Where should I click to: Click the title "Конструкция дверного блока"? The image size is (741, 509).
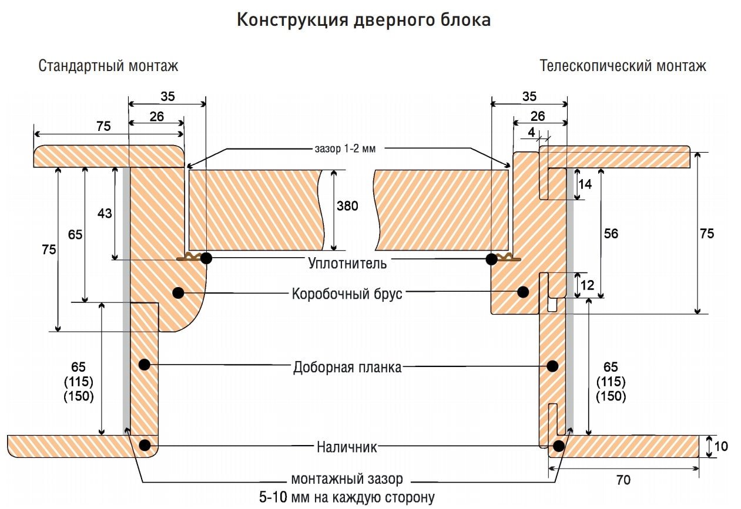[x=364, y=20]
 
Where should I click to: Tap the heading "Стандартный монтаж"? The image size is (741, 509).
[x=108, y=66]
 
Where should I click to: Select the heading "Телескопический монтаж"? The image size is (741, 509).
[x=623, y=66]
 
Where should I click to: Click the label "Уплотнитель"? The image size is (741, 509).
[x=347, y=264]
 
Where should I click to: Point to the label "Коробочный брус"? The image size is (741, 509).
[x=347, y=294]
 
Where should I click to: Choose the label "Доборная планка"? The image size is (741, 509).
[x=347, y=367]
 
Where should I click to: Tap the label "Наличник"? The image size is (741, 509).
[x=347, y=447]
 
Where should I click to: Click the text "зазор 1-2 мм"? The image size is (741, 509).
[x=345, y=149]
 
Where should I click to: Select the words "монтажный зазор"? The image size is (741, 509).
[x=347, y=479]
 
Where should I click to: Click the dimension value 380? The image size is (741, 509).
[x=347, y=206]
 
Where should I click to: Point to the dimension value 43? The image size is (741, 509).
[x=105, y=214]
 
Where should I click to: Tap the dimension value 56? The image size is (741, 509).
[x=611, y=234]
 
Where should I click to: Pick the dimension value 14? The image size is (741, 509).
[x=585, y=184]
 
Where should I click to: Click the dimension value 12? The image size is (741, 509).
[x=587, y=285]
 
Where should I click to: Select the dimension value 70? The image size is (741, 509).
[x=623, y=480]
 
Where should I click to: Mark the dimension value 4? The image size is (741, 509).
[x=531, y=132]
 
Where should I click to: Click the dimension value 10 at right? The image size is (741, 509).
[x=721, y=447]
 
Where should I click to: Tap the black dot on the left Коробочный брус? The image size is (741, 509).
[x=178, y=292]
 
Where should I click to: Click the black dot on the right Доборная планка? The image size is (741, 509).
[x=552, y=366]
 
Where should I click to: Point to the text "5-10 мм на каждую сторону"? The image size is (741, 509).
[x=347, y=497]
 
